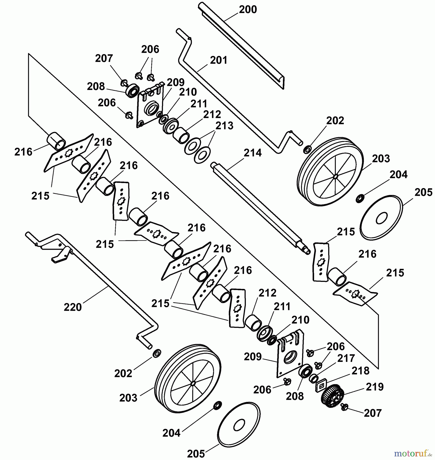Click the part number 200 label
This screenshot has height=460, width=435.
tap(248, 10)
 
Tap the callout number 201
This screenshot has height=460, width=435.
tap(219, 61)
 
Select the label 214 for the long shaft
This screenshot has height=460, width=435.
tap(253, 153)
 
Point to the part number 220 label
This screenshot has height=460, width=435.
tap(73, 307)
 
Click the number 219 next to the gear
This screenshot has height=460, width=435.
tap(375, 387)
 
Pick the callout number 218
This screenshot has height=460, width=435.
tap(360, 371)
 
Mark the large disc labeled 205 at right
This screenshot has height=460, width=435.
tap(381, 217)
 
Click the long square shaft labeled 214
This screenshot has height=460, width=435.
tap(258, 207)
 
